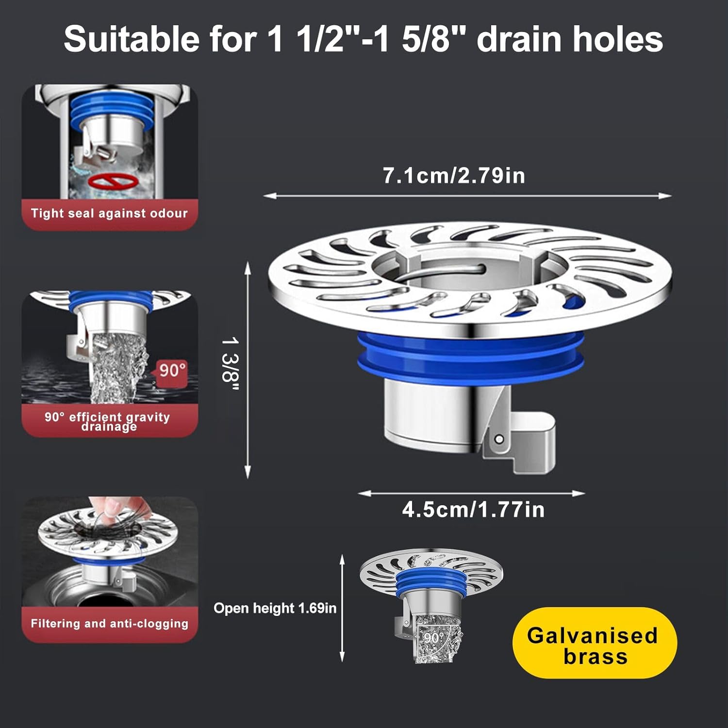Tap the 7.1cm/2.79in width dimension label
tap(454, 176)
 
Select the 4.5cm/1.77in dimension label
tap(473, 510)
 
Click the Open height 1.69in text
tap(275, 609)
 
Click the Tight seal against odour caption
tap(109, 214)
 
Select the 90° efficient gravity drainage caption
tap(108, 421)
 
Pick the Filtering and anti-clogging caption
tap(109, 624)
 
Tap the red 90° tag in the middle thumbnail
tap(172, 371)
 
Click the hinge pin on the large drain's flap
tap(498, 440)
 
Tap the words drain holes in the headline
tap(570, 39)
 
